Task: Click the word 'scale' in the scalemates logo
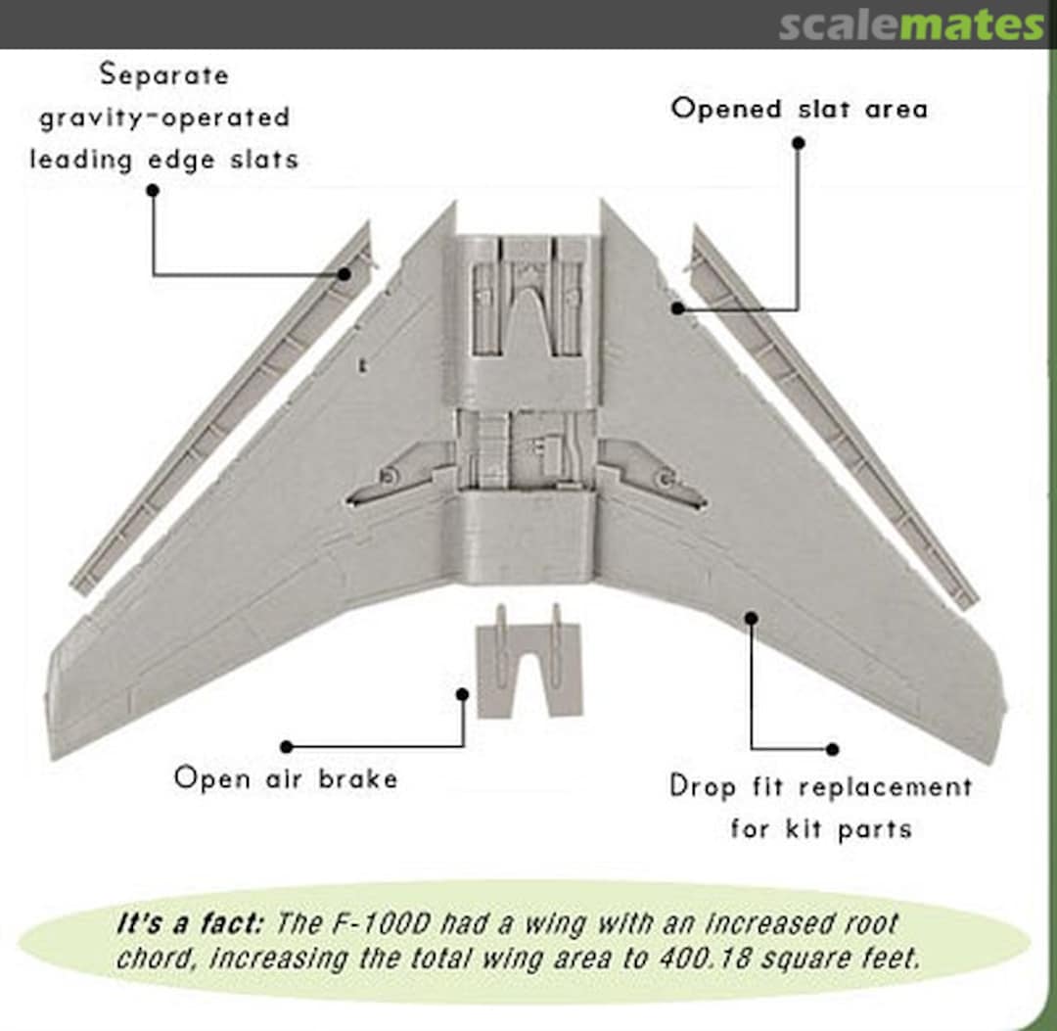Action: (x=839, y=24)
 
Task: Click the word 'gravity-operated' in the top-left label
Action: (x=164, y=117)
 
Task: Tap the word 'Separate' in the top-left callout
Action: (x=163, y=74)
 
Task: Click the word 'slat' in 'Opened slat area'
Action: (x=822, y=108)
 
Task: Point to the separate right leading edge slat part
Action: (x=832, y=411)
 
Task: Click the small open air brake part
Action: (x=528, y=666)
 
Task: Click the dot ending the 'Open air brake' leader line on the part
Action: (x=463, y=693)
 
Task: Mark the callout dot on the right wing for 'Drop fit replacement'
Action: (x=752, y=617)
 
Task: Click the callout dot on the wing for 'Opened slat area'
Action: (x=676, y=308)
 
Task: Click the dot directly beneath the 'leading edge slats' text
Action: (x=152, y=190)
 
